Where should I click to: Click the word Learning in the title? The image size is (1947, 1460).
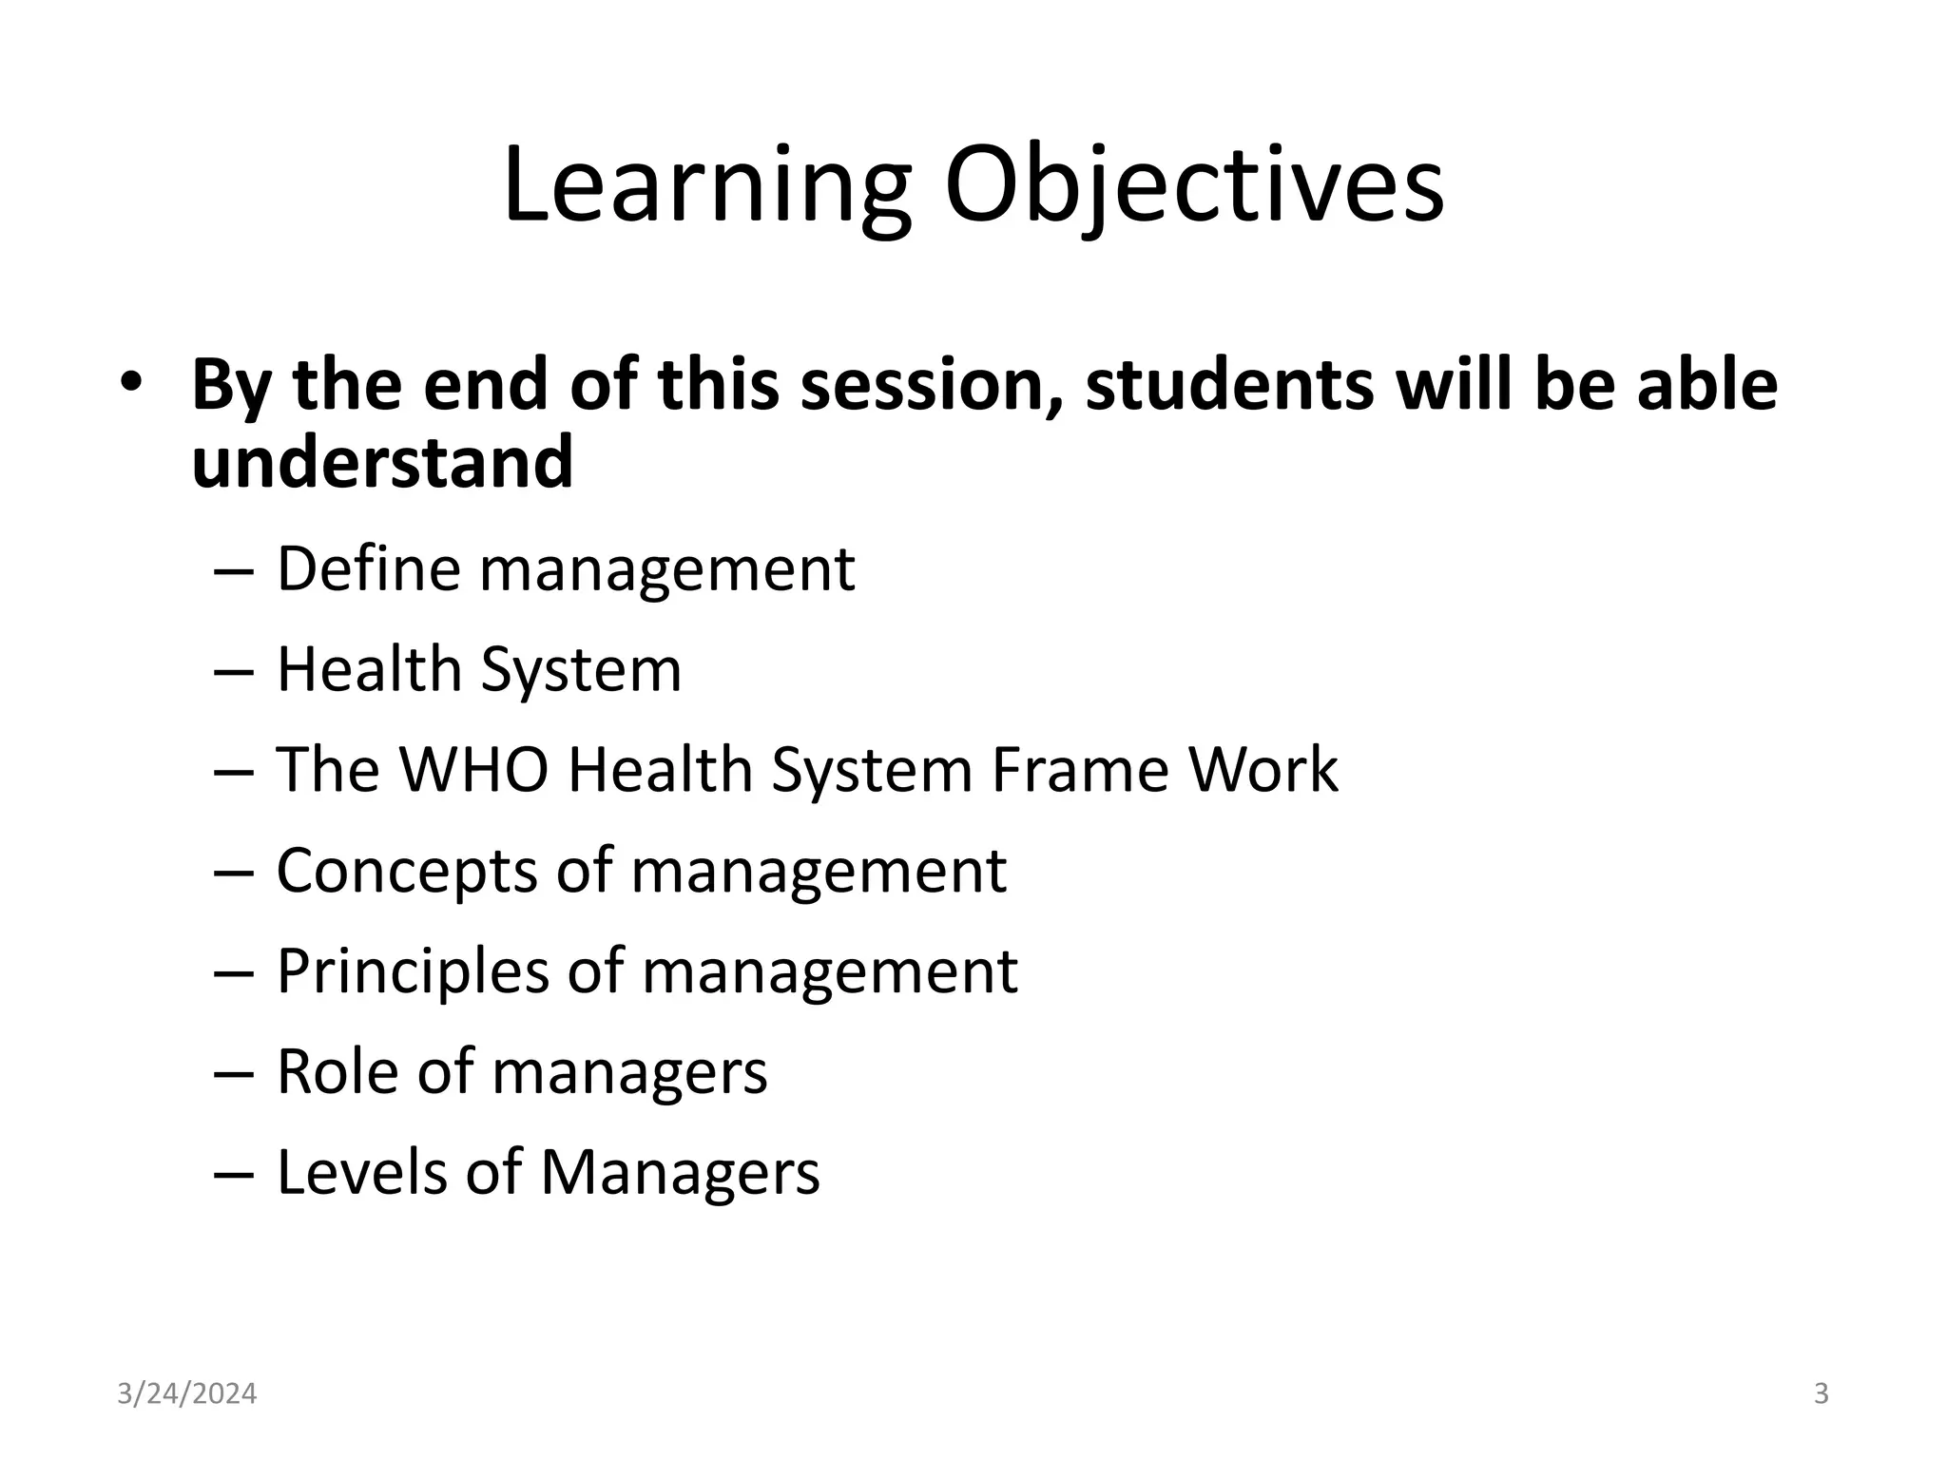706,187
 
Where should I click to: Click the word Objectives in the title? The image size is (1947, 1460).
1193,187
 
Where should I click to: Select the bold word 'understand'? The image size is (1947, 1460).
382,462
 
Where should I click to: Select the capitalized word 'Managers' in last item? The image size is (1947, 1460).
680,1172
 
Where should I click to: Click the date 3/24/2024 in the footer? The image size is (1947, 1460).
186,1394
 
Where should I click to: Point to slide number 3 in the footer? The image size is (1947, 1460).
1821,1394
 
